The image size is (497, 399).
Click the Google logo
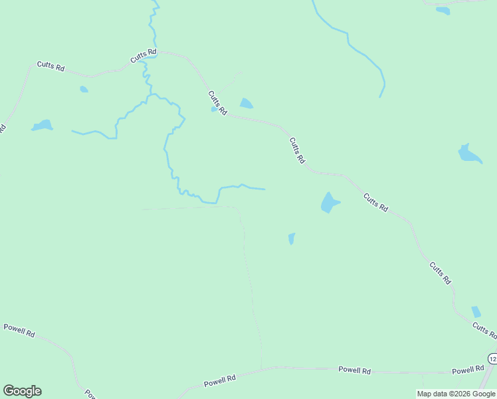22,391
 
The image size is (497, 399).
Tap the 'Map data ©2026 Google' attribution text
456,394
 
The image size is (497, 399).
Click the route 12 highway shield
492,358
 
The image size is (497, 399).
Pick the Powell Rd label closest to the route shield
468,370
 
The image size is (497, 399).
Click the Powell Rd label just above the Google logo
19,331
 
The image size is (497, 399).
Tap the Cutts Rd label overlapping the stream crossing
144,56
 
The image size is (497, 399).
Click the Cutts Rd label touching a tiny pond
218,102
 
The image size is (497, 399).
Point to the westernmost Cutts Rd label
50,67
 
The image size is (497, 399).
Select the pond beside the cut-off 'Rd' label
42,125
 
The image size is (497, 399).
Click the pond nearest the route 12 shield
476,311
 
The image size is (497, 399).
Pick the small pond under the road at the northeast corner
443,10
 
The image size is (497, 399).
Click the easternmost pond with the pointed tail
469,154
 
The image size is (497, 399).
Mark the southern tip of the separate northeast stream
380,97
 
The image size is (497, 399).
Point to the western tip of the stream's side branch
72,132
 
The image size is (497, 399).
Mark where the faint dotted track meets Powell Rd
262,368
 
